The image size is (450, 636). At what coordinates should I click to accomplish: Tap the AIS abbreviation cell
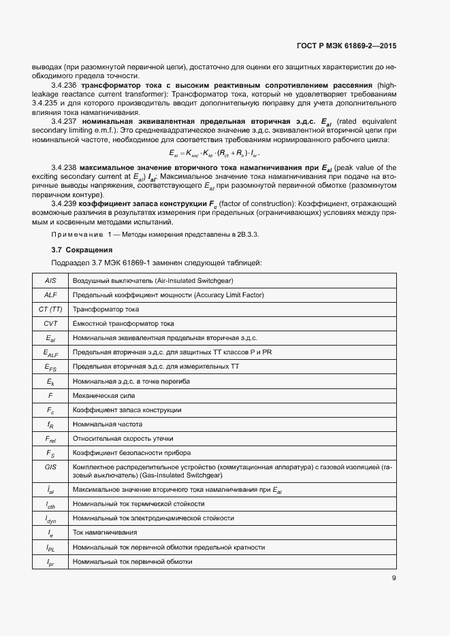(50, 280)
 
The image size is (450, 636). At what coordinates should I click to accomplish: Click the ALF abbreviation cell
(50, 295)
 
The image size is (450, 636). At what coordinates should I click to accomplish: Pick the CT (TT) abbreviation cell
(50, 309)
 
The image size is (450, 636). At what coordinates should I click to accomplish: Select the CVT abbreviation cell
(50, 323)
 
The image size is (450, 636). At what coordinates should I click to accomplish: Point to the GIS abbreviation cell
(50, 467)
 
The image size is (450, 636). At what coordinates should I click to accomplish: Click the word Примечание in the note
(76, 234)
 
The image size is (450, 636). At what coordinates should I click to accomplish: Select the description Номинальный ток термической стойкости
(138, 504)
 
